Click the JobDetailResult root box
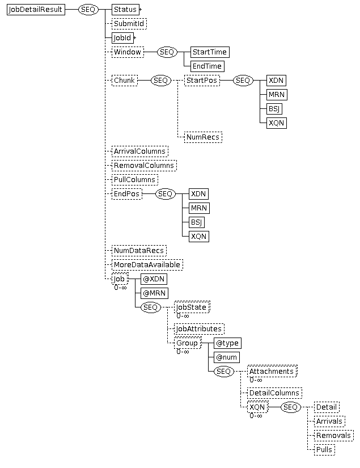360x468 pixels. pyautogui.click(x=36, y=10)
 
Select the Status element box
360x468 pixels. pyautogui.click(x=125, y=10)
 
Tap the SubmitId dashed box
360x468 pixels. pyautogui.click(x=129, y=24)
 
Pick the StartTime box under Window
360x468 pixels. pyautogui.click(x=210, y=52)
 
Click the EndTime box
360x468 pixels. pyautogui.click(x=207, y=66)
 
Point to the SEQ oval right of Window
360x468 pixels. pyautogui.click(x=167, y=52)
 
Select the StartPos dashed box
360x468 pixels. pyautogui.click(x=202, y=81)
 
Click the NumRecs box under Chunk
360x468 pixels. pyautogui.click(x=203, y=137)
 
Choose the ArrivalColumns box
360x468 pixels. pyautogui.click(x=139, y=151)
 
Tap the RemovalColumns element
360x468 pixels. pyautogui.click(x=144, y=165)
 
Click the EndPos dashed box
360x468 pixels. pyautogui.click(x=127, y=193)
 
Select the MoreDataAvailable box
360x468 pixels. pyautogui.click(x=147, y=265)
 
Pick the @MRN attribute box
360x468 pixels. pyautogui.click(x=154, y=293)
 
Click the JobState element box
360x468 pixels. pyautogui.click(x=192, y=307)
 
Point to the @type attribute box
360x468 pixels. pyautogui.click(x=227, y=343)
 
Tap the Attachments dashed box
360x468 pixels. pyautogui.click(x=272, y=372)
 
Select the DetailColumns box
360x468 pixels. pyautogui.click(x=274, y=393)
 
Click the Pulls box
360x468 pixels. pyautogui.click(x=324, y=449)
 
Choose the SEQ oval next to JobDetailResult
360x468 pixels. pyautogui.click(x=88, y=10)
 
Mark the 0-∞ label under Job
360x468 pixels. pyautogui.click(x=121, y=288)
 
